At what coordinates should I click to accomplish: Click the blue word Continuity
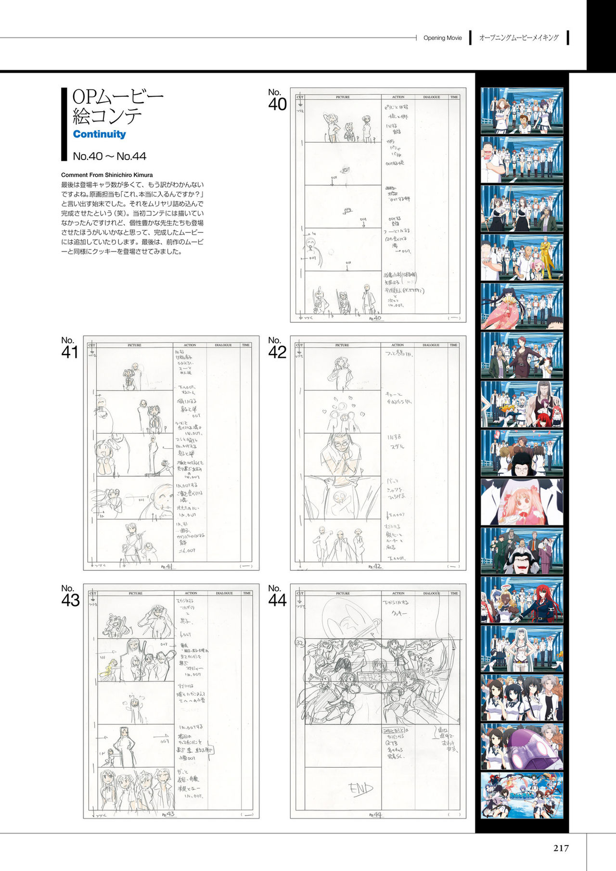tap(99, 134)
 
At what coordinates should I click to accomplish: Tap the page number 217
tap(561, 848)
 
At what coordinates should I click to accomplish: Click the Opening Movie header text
tap(442, 38)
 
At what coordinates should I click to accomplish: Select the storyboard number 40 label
tap(277, 100)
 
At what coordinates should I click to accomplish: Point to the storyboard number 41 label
tap(70, 348)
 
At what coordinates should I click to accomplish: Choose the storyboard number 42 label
tap(277, 348)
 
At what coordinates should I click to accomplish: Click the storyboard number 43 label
tap(70, 596)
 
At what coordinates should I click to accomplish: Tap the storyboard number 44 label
tap(277, 596)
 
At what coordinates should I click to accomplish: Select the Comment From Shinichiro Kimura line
tap(107, 175)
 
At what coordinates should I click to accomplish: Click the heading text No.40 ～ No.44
tap(109, 156)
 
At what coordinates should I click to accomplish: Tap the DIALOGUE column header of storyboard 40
tap(431, 97)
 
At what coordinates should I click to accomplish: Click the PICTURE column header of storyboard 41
tap(134, 345)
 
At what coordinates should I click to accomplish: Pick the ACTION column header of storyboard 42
tap(398, 345)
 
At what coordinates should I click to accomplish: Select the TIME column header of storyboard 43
tap(247, 593)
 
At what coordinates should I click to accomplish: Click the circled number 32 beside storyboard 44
tap(299, 643)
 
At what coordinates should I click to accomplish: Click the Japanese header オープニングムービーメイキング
tap(519, 38)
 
